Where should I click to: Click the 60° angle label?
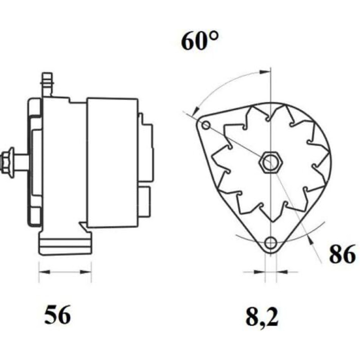point(199,41)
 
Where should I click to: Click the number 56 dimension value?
point(57,315)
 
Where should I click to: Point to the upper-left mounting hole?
point(206,126)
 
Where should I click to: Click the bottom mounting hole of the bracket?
point(271,242)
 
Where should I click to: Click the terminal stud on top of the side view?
point(47,85)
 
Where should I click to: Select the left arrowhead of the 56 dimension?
point(44,272)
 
